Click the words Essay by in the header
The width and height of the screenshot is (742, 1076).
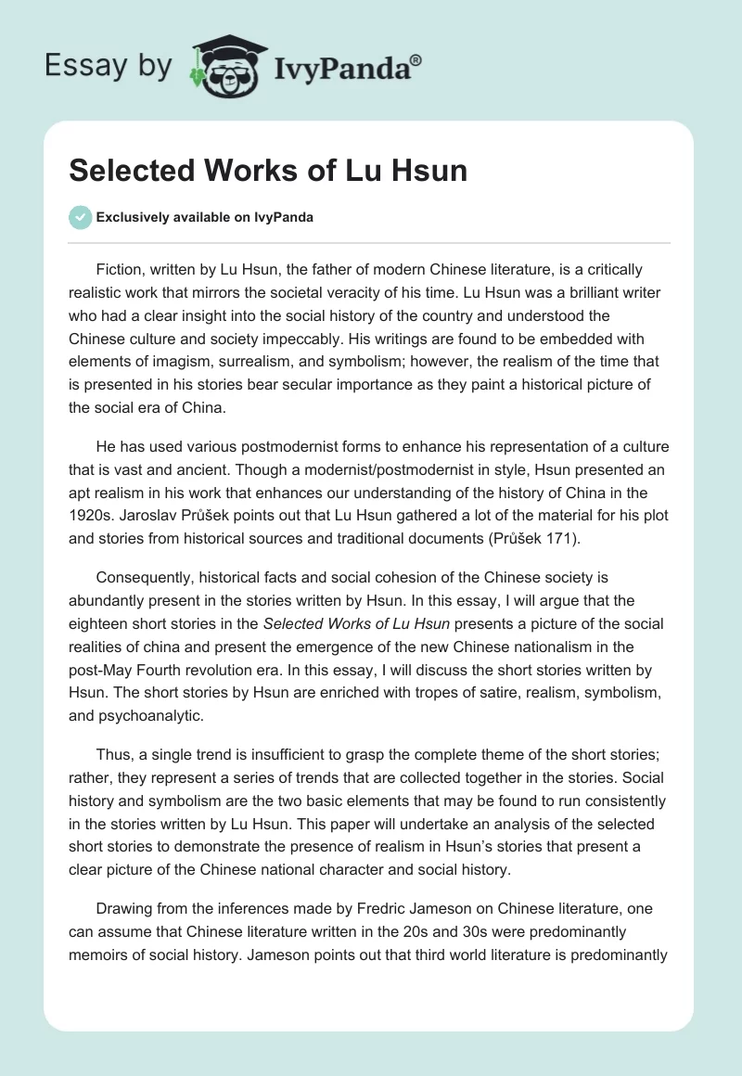click(x=108, y=66)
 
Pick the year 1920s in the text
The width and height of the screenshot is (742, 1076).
click(x=93, y=494)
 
